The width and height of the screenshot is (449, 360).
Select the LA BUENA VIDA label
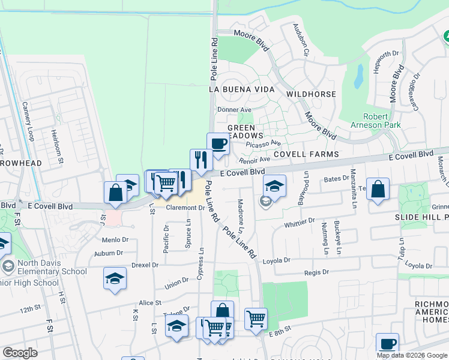tap(241, 89)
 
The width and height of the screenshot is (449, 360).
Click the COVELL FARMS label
tap(306, 154)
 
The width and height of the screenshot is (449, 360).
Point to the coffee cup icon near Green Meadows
tap(218, 144)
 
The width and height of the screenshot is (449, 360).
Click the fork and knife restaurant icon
tap(201, 160)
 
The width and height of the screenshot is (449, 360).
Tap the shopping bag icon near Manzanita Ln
tap(378, 189)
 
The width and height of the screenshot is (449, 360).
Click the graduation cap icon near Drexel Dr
tap(115, 278)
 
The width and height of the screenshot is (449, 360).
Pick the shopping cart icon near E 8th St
tap(256, 319)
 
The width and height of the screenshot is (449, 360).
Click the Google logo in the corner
tap(20, 353)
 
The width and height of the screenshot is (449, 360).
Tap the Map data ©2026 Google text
tap(411, 355)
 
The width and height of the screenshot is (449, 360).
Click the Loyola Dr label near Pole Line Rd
tap(277, 261)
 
